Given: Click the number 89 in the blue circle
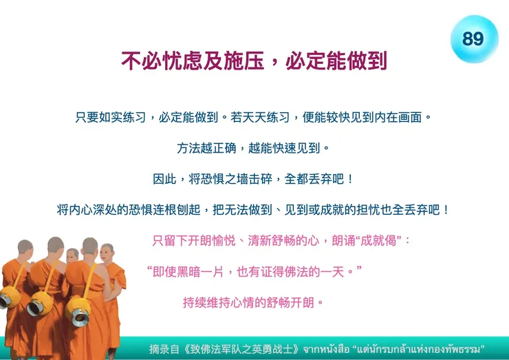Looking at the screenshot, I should [x=473, y=39].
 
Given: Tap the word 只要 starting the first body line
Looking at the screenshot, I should [x=87, y=117].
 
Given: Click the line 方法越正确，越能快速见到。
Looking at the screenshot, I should [x=254, y=148].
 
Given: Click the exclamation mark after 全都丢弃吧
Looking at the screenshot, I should [x=351, y=179].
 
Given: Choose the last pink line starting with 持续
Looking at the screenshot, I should [x=252, y=302].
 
